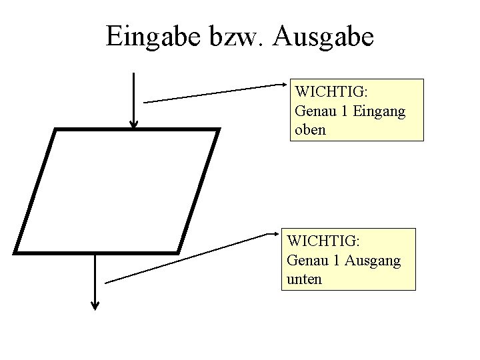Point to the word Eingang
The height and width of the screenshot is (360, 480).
coord(380,111)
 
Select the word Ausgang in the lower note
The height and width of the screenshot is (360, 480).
coord(372,260)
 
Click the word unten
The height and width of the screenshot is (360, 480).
coord(303,279)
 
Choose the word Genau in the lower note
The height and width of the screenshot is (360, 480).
coord(307,260)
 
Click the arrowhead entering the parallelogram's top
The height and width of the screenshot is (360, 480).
coord(134,123)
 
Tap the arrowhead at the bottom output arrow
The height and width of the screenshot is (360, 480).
coord(95,306)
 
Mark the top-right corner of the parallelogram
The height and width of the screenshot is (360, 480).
coord(217,130)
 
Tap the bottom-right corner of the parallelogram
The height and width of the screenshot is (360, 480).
coord(179,252)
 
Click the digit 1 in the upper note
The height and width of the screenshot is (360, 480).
coord(344,111)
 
